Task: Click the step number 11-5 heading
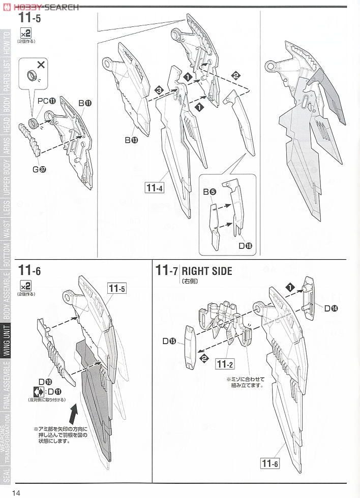pyautogui.click(x=29, y=18)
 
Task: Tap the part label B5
pyautogui.click(x=209, y=192)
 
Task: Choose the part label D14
pyautogui.click(x=331, y=308)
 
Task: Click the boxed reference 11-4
pyautogui.click(x=154, y=188)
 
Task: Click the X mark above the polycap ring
pyautogui.click(x=41, y=65)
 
